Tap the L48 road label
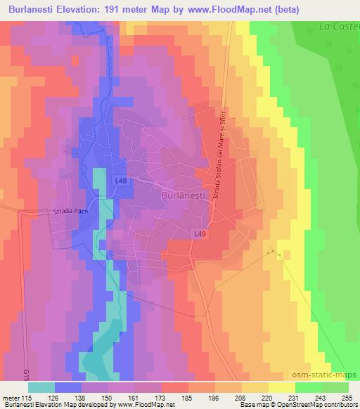[121, 181]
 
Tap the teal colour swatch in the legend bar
[41, 387]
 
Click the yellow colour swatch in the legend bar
[281, 387]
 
